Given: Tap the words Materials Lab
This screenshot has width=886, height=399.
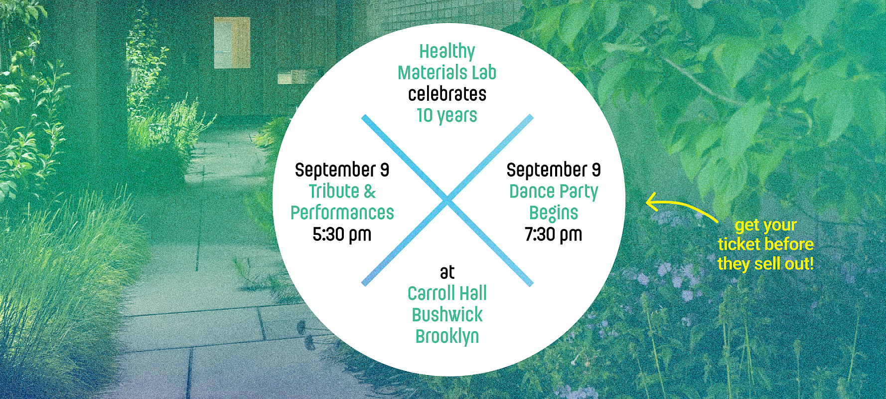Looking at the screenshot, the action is (x=447, y=73).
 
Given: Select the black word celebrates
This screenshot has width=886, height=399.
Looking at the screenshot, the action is (x=447, y=94).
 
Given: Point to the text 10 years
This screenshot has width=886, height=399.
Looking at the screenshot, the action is (x=447, y=116).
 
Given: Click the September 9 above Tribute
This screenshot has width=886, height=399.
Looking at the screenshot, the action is (x=342, y=170).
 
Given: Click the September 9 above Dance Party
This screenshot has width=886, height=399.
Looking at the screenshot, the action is (x=554, y=170).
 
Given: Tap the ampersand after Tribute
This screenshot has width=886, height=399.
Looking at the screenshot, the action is (x=370, y=192).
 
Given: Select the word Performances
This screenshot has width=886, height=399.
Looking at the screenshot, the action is (x=342, y=213).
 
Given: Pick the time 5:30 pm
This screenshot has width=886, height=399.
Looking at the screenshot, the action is (x=342, y=234).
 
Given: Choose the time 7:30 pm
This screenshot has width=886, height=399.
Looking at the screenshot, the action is (x=554, y=234).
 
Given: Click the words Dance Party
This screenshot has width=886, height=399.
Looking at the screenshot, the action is (x=554, y=192).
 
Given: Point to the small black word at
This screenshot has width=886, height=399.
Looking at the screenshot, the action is (x=447, y=272).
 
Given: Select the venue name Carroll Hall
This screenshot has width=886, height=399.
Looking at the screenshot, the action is (x=447, y=293).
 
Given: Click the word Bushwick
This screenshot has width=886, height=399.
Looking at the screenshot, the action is (x=447, y=315).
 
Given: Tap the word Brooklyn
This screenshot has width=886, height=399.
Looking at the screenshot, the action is (x=447, y=337).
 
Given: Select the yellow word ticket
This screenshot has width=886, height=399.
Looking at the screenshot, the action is (x=738, y=244).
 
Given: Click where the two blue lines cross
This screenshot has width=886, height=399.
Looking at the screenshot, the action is (x=447, y=200).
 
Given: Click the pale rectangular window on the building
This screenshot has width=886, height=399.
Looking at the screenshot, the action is (x=232, y=43).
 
